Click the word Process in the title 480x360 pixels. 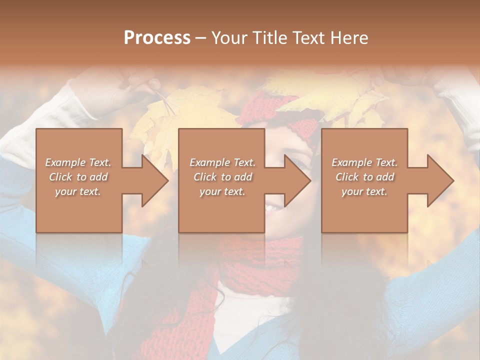(x=157, y=38)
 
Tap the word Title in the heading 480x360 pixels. (x=267, y=38)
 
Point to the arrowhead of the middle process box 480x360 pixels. (x=296, y=181)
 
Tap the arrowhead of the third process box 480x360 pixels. (x=439, y=181)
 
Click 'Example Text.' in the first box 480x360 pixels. (x=78, y=162)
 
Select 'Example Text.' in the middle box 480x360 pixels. (x=222, y=162)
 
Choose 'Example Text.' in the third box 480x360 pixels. (x=364, y=162)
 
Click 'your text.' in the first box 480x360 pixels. (x=78, y=191)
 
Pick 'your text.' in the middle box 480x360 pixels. (x=222, y=191)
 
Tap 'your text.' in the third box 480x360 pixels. (x=364, y=191)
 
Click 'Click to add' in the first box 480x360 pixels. (x=78, y=177)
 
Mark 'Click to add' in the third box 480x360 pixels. (x=364, y=177)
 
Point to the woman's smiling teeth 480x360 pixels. (x=272, y=207)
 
